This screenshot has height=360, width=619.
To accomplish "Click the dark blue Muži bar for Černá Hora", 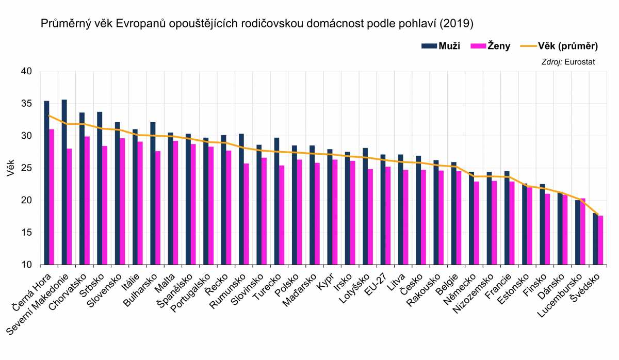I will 46,183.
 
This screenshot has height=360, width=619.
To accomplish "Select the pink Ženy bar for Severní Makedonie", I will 69,207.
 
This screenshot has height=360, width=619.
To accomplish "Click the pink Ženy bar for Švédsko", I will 600,240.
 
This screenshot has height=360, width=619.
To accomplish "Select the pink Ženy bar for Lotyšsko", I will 370,217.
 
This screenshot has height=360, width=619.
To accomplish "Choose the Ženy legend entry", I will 491,46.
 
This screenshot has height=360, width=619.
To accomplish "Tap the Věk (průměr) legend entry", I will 559,46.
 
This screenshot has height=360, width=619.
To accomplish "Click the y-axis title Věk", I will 11,168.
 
